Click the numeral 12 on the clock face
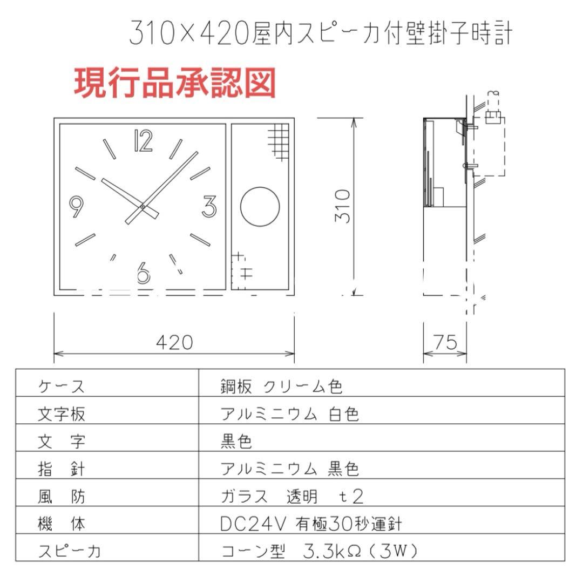point(143,141)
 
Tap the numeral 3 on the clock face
point(209,206)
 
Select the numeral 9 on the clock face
point(78,206)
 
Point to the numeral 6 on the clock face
point(143,273)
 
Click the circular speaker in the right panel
point(260,207)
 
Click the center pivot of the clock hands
point(142,206)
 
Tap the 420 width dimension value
point(174,342)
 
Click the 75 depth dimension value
point(444,342)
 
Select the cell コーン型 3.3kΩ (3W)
point(320,551)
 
